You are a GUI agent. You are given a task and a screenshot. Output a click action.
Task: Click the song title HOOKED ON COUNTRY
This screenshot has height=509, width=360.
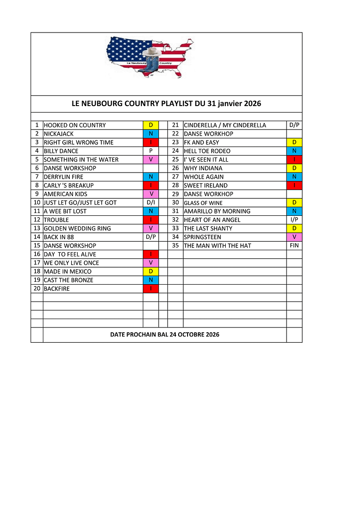[75, 125]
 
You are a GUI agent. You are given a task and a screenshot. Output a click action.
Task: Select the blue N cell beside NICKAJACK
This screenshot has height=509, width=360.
[151, 134]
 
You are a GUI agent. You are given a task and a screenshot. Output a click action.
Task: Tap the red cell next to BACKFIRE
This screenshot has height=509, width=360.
[151, 288]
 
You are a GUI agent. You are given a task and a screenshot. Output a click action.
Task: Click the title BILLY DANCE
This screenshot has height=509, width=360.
[61, 151]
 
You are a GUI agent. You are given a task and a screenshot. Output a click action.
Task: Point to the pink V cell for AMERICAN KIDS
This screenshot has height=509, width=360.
[151, 194]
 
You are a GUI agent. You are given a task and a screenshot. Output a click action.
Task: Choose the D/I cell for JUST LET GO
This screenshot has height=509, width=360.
[151, 203]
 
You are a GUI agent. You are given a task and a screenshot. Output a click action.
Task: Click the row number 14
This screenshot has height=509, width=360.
[37, 237]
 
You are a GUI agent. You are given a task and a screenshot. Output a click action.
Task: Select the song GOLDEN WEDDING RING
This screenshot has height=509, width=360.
[78, 229]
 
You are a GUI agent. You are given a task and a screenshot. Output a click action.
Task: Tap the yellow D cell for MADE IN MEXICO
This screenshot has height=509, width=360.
[151, 271]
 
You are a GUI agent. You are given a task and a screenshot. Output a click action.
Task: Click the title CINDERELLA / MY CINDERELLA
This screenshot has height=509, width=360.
[225, 125]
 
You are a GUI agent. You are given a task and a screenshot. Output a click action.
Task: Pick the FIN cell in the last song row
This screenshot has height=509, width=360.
[294, 246]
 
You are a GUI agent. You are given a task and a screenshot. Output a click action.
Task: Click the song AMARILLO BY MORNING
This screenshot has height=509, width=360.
[217, 211]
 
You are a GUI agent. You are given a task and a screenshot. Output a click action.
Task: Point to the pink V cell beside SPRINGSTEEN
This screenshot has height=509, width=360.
[294, 237]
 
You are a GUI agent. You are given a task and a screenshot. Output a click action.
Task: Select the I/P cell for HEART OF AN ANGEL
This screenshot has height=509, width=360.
[294, 220]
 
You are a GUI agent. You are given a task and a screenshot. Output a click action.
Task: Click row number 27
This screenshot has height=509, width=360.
[175, 177]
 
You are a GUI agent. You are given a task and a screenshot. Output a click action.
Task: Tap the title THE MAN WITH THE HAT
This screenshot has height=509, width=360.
[218, 246]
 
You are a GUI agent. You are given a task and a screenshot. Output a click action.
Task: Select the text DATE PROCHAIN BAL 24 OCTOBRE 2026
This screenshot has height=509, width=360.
[164, 335]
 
